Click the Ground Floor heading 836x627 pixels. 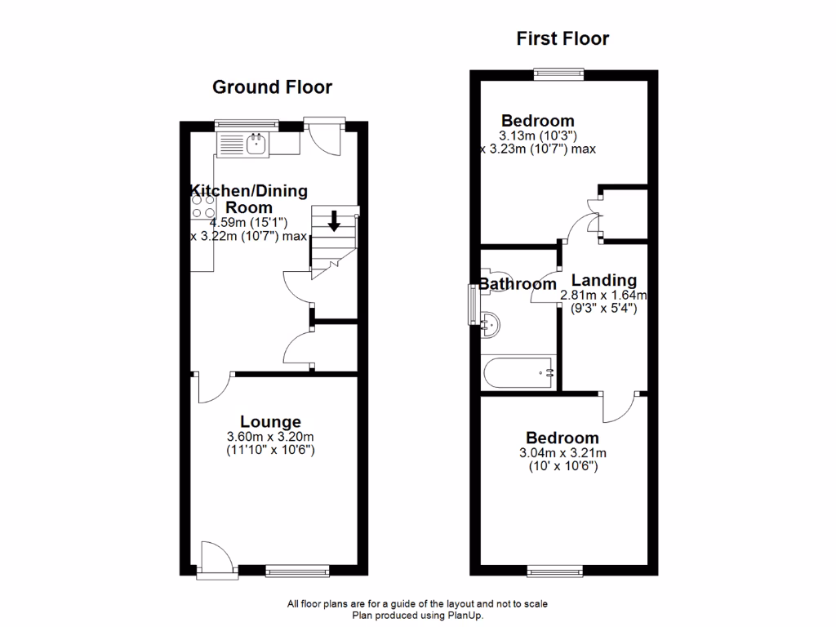point(272,87)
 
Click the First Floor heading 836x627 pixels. point(563,38)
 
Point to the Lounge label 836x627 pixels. point(271,422)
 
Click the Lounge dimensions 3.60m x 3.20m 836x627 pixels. point(271,437)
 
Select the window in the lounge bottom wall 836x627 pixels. point(298,571)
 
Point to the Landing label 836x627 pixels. point(603,280)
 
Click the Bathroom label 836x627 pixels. point(518,285)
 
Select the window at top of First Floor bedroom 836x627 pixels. point(559,73)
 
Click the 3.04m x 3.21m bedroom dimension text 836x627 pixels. point(563,453)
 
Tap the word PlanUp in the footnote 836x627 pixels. point(465,616)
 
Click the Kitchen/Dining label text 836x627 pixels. point(249,191)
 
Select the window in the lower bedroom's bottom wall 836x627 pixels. point(555,571)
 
